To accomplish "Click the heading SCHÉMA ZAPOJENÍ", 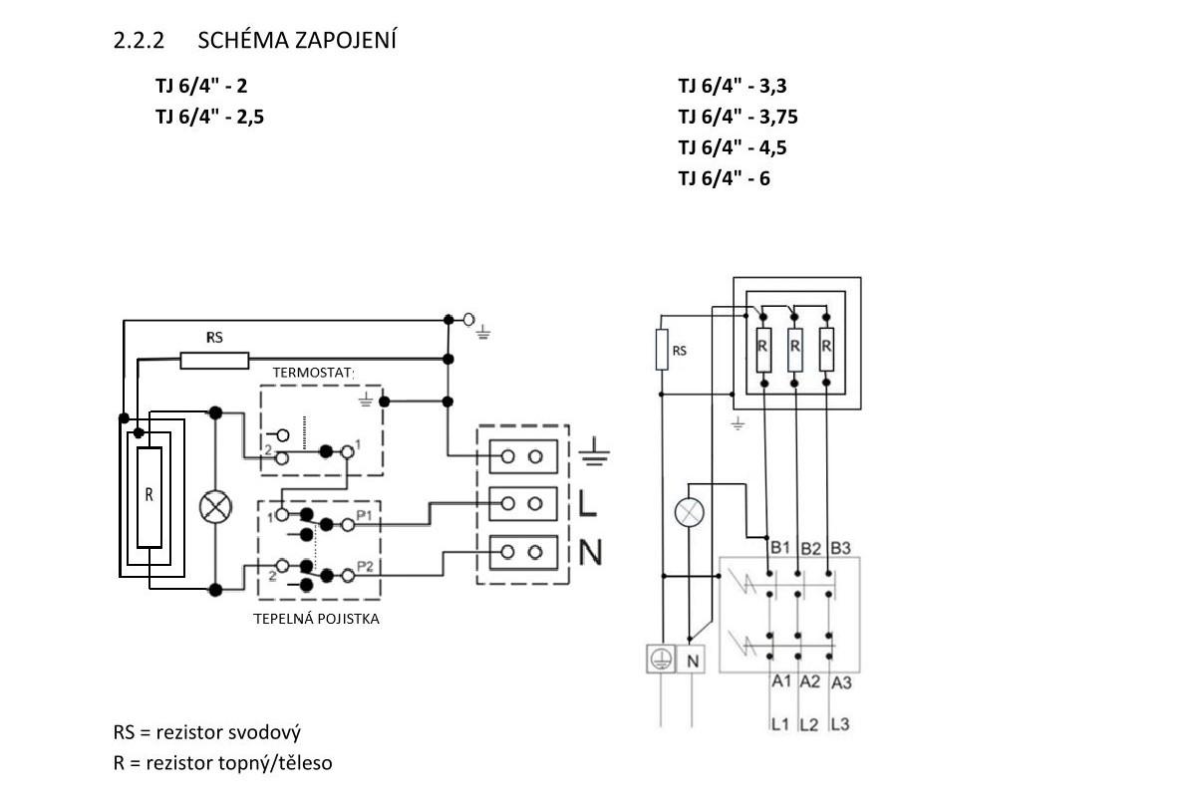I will (297, 41).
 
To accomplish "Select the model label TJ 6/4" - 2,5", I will (209, 116).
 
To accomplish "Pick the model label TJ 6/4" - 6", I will (725, 178).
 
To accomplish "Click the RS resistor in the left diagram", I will (214, 360).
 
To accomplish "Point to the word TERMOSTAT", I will (313, 373).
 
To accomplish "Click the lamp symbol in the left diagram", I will (215, 505).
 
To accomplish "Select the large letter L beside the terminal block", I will (588, 503).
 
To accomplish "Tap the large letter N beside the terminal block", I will (589, 551).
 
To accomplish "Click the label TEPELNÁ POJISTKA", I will (318, 619).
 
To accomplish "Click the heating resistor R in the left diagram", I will (149, 497).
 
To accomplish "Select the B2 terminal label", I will (810, 548).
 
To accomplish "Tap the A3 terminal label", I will (841, 682).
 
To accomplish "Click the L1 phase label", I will (779, 724).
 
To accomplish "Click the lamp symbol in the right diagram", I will (690, 512).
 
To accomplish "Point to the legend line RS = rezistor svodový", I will (207, 733).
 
